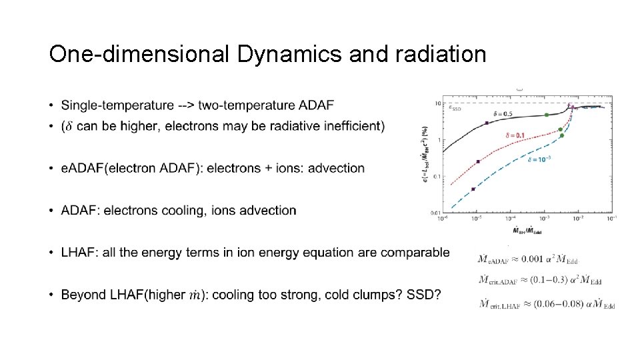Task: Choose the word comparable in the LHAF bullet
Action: [x=417, y=253]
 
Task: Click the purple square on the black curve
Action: [x=487, y=123]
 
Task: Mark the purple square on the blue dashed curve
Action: [x=473, y=189]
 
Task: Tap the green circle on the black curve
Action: [x=547, y=115]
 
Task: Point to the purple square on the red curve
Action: [x=479, y=162]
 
